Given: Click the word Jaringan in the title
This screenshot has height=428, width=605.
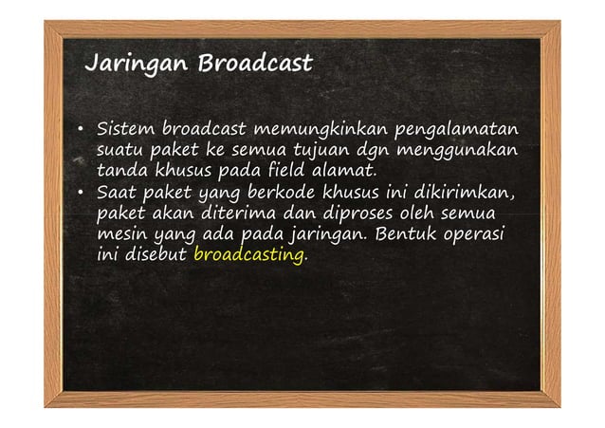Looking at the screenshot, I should tap(137, 65).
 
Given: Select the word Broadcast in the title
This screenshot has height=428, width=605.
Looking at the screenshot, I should tap(255, 64).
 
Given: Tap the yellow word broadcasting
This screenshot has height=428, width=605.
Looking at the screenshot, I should tap(249, 255).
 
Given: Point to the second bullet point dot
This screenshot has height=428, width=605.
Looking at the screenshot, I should tap(82, 194).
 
